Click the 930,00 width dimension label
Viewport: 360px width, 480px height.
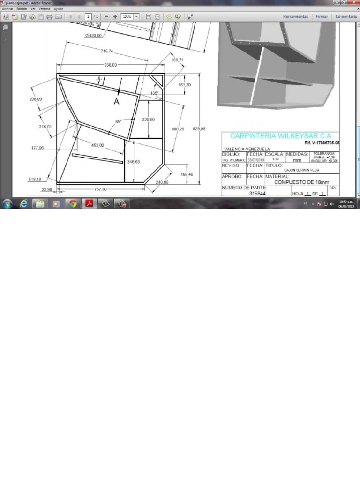pyautogui.click(x=110, y=65)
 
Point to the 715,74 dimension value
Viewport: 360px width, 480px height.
pyautogui.click(x=107, y=51)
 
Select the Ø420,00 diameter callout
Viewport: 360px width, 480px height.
pyautogui.click(x=93, y=36)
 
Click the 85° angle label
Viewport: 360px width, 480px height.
pyautogui.click(x=119, y=121)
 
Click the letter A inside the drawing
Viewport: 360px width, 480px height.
pyautogui.click(x=116, y=101)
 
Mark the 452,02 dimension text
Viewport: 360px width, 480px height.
pyautogui.click(x=97, y=145)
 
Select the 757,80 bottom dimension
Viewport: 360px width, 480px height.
pyautogui.click(x=100, y=189)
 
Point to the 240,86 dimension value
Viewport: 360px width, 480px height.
pyautogui.click(x=162, y=182)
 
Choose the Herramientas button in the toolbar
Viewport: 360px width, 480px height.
pyautogui.click(x=296, y=16)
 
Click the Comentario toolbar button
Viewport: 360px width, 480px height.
pyautogui.click(x=346, y=16)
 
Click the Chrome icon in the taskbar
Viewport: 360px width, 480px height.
pyautogui.click(x=72, y=203)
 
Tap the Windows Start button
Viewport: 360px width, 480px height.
pyautogui.click(x=7, y=203)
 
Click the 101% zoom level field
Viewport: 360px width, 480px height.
pyautogui.click(x=127, y=16)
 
